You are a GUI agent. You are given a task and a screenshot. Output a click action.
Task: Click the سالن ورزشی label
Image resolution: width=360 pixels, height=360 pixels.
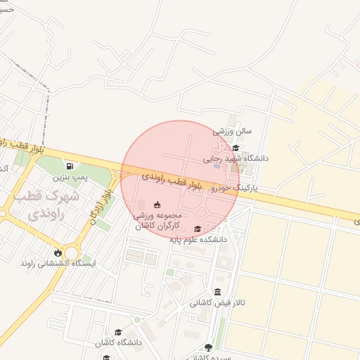(232, 131)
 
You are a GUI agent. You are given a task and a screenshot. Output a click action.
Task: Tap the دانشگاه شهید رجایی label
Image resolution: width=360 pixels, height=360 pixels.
(236, 158)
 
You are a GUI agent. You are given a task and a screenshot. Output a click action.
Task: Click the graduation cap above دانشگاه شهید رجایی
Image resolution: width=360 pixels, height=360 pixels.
(236, 148)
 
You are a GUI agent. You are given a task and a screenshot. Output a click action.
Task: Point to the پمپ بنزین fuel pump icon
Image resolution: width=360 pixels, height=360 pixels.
(70, 166)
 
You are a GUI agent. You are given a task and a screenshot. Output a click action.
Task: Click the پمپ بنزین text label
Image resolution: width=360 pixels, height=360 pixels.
(72, 178)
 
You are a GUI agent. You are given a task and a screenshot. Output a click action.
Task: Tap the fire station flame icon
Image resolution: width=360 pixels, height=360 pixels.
(58, 252)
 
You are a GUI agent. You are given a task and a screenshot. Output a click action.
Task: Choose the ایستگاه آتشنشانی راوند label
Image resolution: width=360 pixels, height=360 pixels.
(58, 263)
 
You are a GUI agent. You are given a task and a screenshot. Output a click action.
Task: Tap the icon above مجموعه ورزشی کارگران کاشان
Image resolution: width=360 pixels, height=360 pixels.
(157, 204)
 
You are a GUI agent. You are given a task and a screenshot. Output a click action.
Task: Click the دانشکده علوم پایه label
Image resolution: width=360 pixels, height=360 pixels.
(198, 239)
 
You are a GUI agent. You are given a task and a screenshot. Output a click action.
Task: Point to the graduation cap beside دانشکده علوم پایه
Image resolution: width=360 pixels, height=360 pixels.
(198, 229)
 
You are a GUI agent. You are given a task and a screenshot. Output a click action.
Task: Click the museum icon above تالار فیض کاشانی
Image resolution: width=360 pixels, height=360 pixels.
(217, 292)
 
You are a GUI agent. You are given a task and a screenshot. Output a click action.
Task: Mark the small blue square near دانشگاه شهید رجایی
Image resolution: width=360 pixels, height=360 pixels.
(216, 166)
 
